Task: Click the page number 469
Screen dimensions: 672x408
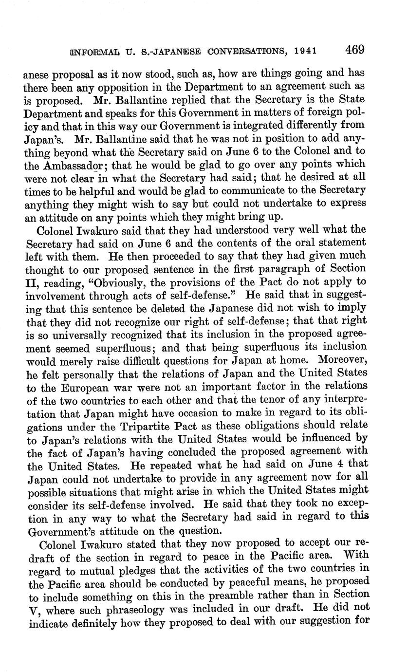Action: point(355,50)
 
